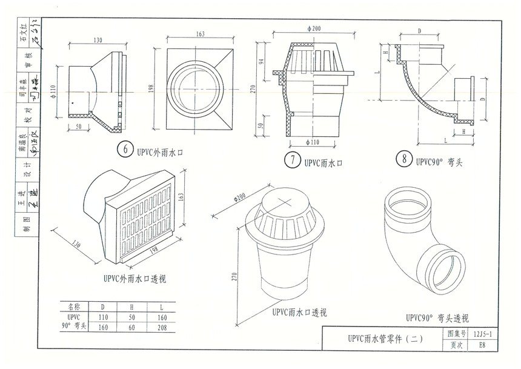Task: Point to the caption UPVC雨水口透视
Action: (299, 313)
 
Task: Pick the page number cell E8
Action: (482, 346)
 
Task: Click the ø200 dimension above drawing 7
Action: (314, 29)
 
